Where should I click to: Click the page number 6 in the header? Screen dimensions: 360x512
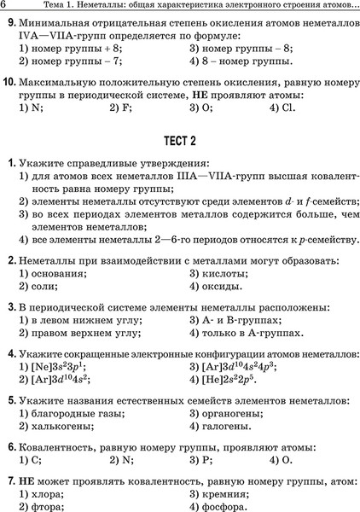(x=5, y=6)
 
